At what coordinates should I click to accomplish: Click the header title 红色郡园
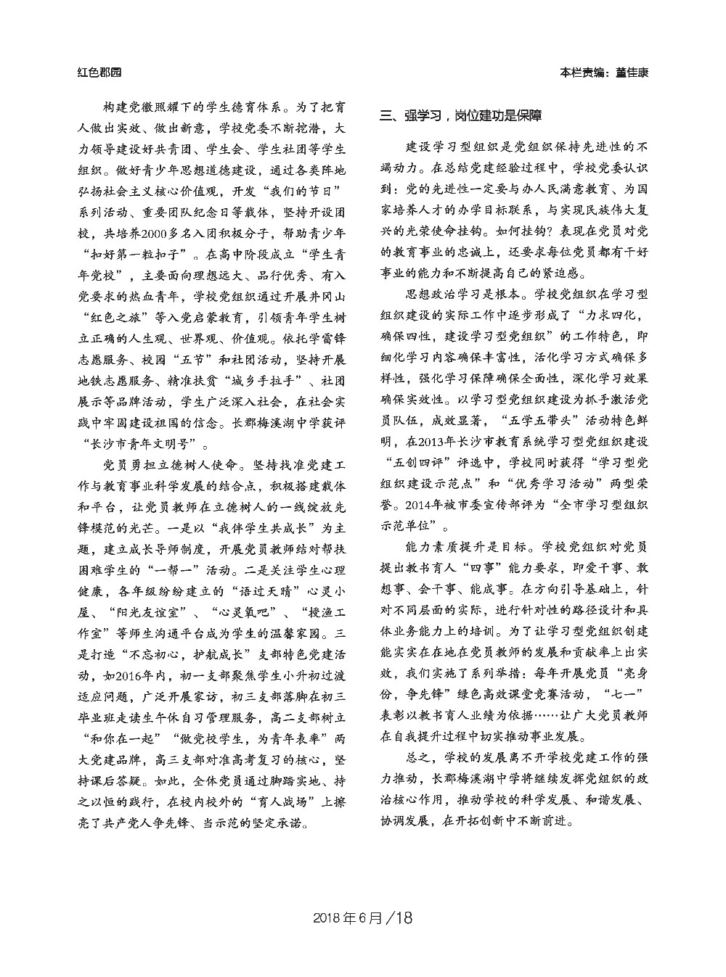100,73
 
